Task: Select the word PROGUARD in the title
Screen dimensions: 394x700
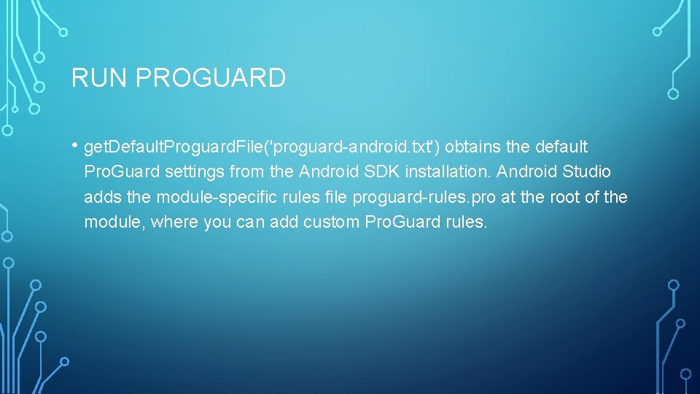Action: (211, 78)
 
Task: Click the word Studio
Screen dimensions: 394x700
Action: (587, 172)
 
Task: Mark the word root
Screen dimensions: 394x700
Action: (553, 197)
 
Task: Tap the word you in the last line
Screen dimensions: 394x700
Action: (217, 222)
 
